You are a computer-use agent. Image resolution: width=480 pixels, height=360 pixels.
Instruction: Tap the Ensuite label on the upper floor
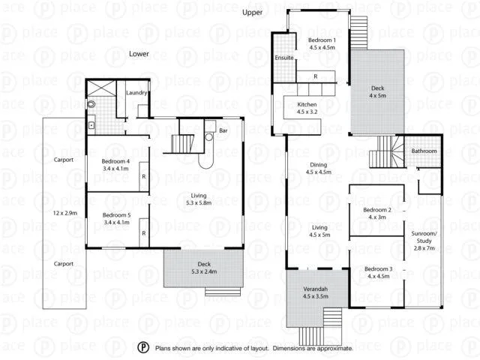click(284, 57)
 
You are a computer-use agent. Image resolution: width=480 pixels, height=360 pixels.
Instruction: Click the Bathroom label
click(424, 151)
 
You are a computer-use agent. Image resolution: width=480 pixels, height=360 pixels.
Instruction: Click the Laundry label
click(136, 93)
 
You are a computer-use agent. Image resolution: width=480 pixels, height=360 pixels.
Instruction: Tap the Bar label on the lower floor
click(223, 131)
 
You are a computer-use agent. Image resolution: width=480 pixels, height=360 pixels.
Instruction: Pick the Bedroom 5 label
click(116, 219)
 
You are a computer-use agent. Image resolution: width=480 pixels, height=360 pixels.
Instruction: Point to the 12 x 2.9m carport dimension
click(64, 213)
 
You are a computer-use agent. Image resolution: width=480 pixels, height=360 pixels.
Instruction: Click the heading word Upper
click(252, 13)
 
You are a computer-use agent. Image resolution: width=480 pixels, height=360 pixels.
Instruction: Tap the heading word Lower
click(139, 54)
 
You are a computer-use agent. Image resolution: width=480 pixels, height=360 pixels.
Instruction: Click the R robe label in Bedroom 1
click(316, 76)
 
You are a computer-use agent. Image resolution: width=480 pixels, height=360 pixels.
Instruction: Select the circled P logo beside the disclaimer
click(143, 348)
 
